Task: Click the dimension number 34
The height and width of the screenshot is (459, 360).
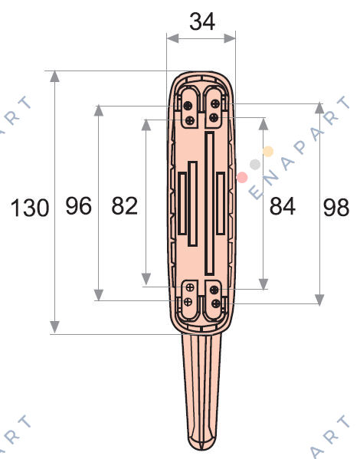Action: click(202, 21)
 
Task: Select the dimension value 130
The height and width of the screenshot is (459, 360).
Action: click(30, 208)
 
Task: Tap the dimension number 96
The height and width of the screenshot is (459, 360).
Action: click(78, 206)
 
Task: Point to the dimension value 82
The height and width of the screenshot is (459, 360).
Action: click(124, 206)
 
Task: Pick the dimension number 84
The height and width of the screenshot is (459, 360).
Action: click(283, 206)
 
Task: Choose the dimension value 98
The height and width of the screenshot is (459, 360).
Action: click(336, 208)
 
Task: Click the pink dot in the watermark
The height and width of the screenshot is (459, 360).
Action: click(242, 177)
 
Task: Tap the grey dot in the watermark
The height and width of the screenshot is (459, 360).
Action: click(255, 165)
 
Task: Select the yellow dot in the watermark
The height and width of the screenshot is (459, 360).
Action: click(268, 152)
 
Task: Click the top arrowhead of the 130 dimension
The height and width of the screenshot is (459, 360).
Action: click(54, 77)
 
